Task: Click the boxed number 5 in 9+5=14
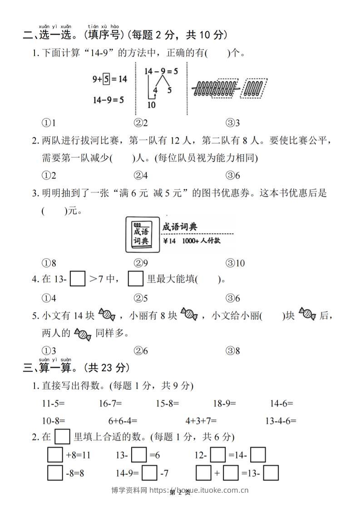click(106, 79)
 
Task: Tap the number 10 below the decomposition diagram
click(151, 105)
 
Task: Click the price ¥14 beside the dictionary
click(168, 241)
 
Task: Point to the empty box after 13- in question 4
click(78, 279)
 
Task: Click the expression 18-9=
click(225, 403)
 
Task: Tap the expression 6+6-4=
click(123, 421)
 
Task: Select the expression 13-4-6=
click(281, 421)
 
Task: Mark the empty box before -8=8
click(55, 474)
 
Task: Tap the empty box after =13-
click(271, 474)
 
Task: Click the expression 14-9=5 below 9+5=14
click(108, 99)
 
